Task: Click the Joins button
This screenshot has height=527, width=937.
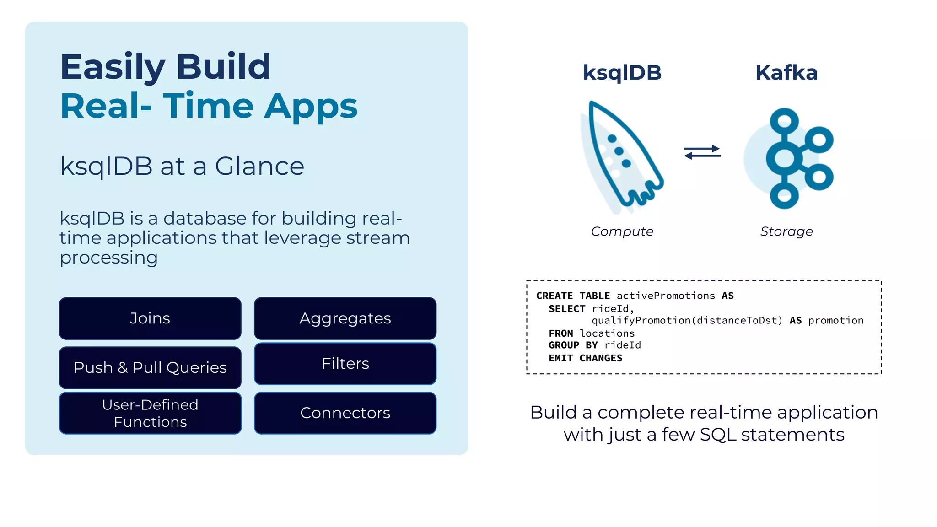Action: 150,318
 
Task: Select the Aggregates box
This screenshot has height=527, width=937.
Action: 345,318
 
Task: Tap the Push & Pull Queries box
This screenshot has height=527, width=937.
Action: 150,367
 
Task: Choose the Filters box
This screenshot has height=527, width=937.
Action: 345,364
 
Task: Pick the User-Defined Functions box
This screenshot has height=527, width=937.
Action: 150,413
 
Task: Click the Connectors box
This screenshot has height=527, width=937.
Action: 345,413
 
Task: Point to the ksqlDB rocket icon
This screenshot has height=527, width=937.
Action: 622,156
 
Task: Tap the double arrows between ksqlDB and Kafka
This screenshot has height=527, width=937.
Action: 702,152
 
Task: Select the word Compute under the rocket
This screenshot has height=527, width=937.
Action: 622,231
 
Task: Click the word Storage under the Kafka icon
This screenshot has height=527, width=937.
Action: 786,231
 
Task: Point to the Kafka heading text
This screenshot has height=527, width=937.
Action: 786,73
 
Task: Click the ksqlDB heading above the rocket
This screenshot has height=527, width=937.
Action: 622,73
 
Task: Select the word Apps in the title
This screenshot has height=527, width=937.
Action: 311,106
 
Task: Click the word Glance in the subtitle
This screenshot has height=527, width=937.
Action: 259,166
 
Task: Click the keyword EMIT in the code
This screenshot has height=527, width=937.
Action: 560,358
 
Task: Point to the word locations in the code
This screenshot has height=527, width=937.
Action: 607,333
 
